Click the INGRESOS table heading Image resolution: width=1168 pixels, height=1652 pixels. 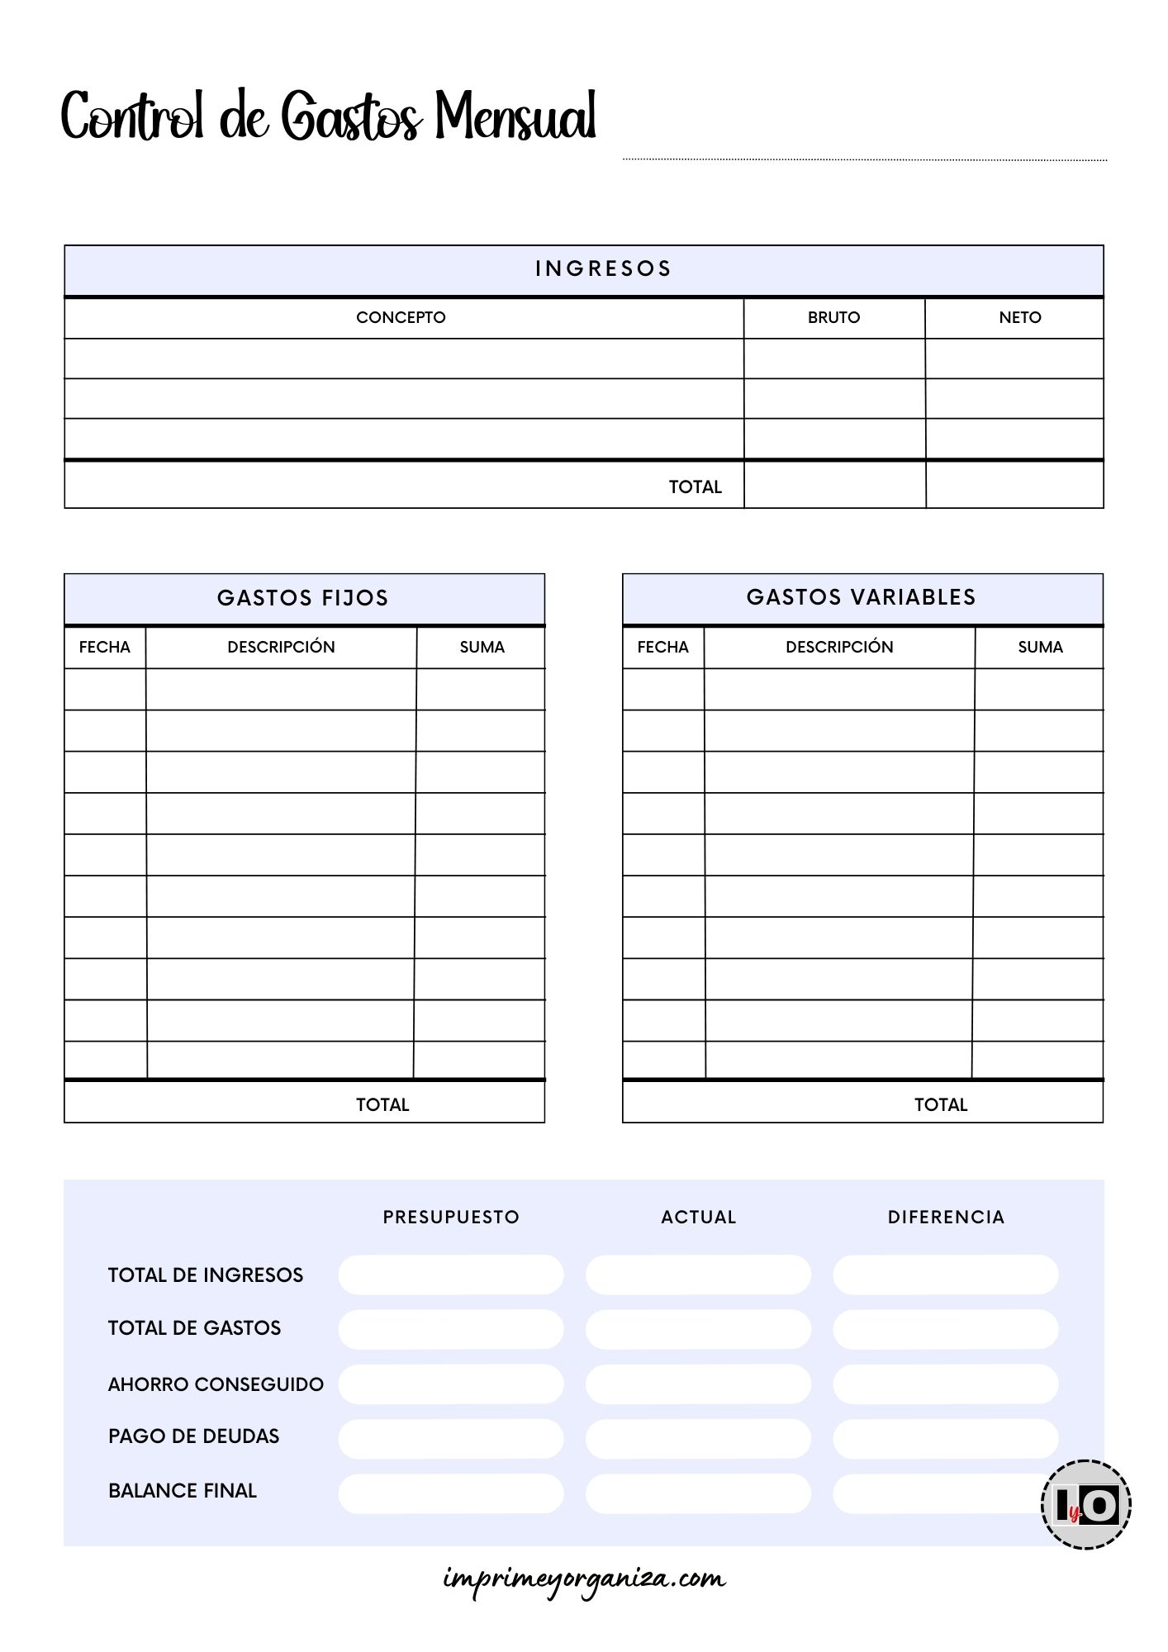(x=603, y=268)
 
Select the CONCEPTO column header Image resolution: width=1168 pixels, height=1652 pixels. (x=401, y=317)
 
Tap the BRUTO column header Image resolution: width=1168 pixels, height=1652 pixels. (x=833, y=317)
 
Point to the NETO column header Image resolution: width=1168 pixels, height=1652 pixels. (x=1019, y=317)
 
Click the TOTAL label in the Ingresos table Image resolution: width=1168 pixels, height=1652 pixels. (x=695, y=487)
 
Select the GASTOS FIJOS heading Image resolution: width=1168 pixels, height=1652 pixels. (x=303, y=598)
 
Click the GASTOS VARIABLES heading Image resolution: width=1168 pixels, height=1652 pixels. (x=861, y=597)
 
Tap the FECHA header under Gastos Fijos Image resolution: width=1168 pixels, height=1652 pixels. (x=105, y=647)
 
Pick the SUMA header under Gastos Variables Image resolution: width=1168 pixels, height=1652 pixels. (x=1040, y=647)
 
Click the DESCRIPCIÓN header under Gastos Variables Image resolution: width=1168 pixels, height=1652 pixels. (x=839, y=647)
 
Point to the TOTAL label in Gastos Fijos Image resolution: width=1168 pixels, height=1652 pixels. (x=382, y=1104)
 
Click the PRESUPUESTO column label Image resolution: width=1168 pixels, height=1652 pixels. (x=451, y=1217)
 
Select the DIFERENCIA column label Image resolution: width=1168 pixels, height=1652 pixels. (x=946, y=1217)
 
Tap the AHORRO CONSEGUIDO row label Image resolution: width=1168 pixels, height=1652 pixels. (x=216, y=1384)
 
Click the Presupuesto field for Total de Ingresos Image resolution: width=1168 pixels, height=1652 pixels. (x=451, y=1275)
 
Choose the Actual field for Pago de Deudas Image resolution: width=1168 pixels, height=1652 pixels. (x=698, y=1439)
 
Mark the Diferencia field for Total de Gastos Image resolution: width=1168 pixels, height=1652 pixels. (x=945, y=1329)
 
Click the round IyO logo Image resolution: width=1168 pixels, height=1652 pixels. (x=1086, y=1504)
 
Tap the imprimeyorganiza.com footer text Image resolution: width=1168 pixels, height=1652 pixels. (x=584, y=1579)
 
